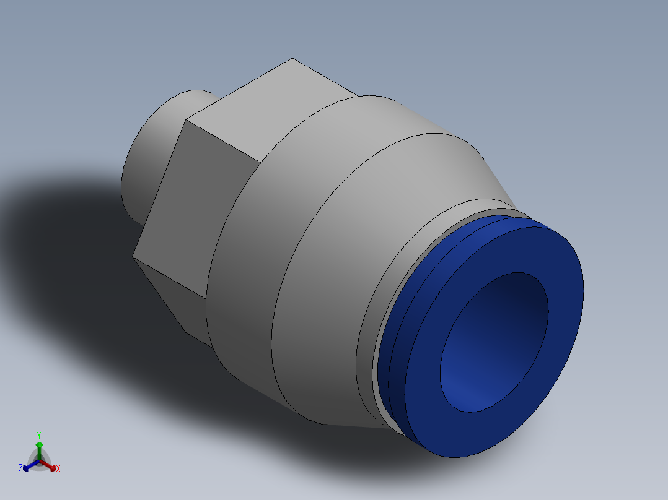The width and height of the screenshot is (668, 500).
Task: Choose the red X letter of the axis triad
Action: [58, 469]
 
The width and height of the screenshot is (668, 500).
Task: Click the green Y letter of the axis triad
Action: [38, 435]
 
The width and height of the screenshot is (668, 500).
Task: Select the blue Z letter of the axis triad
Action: [20, 468]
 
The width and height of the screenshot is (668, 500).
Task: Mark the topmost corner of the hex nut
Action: [292, 59]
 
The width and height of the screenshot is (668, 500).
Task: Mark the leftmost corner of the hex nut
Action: [134, 256]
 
